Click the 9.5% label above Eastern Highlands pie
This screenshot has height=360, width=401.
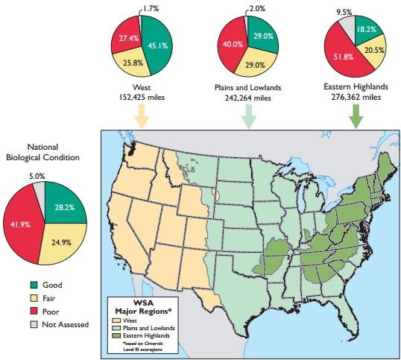[x=344, y=12]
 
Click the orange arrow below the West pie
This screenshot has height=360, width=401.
[x=139, y=116]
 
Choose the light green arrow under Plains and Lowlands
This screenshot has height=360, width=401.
[x=249, y=116]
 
